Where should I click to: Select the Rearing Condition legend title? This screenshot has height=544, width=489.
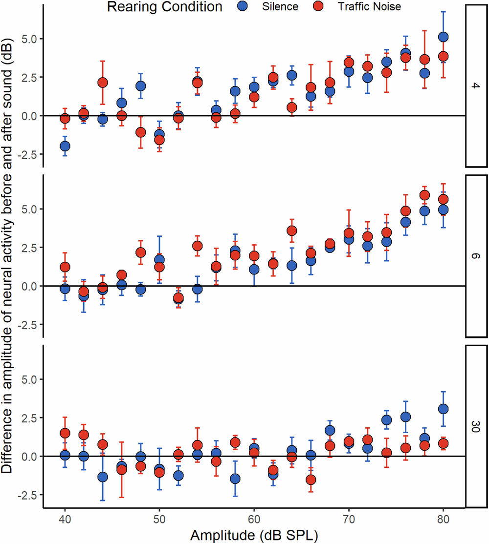165,7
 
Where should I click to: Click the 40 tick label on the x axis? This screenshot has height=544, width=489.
65,518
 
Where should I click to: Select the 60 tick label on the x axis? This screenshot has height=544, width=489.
254,518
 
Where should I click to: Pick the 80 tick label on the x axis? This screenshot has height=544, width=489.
443,518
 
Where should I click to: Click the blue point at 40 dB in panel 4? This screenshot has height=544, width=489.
65,146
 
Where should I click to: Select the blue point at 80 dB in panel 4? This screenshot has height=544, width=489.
443,37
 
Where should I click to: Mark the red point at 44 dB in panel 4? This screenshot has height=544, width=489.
103,83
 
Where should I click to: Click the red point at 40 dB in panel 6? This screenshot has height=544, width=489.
65,267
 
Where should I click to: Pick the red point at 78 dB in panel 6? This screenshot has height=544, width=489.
424,195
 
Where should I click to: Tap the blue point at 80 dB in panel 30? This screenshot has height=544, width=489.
443,409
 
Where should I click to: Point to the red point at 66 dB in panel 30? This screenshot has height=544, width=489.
311,480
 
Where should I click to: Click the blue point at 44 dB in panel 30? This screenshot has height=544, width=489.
103,477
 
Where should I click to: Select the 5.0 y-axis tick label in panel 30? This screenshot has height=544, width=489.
30,379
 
